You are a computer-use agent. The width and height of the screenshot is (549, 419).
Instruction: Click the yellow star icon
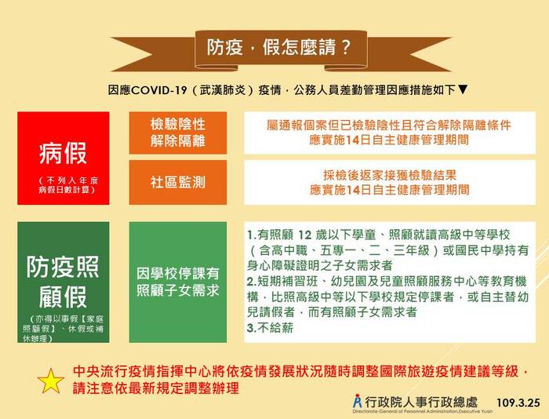(x=51, y=381)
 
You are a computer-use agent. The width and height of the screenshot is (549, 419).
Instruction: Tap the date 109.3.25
(x=518, y=403)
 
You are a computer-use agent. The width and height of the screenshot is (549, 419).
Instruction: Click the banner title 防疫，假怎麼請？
(x=278, y=47)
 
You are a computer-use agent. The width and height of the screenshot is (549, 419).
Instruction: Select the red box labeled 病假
(x=64, y=158)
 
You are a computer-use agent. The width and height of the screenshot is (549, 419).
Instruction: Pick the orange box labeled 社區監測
(x=178, y=182)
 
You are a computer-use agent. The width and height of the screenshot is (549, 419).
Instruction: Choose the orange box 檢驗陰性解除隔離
(x=178, y=133)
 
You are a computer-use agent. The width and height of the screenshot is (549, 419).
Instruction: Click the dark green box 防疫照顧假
(x=64, y=282)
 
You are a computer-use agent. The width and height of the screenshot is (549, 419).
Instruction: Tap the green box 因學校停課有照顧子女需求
(x=178, y=282)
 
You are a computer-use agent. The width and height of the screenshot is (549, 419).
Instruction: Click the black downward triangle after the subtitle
(x=463, y=89)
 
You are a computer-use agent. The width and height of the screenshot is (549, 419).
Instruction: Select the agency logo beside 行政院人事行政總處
(x=358, y=401)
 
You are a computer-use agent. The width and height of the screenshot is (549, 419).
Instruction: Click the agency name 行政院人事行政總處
(x=421, y=402)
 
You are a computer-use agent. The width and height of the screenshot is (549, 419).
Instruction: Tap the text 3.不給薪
(x=270, y=328)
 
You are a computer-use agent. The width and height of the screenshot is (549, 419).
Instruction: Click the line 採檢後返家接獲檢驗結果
(x=390, y=175)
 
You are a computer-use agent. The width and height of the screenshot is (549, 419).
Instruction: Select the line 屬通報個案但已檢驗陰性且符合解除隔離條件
(x=389, y=125)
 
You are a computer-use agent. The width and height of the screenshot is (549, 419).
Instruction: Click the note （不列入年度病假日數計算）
(x=68, y=185)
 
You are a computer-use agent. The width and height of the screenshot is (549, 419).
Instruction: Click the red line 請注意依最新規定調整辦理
(x=156, y=388)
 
